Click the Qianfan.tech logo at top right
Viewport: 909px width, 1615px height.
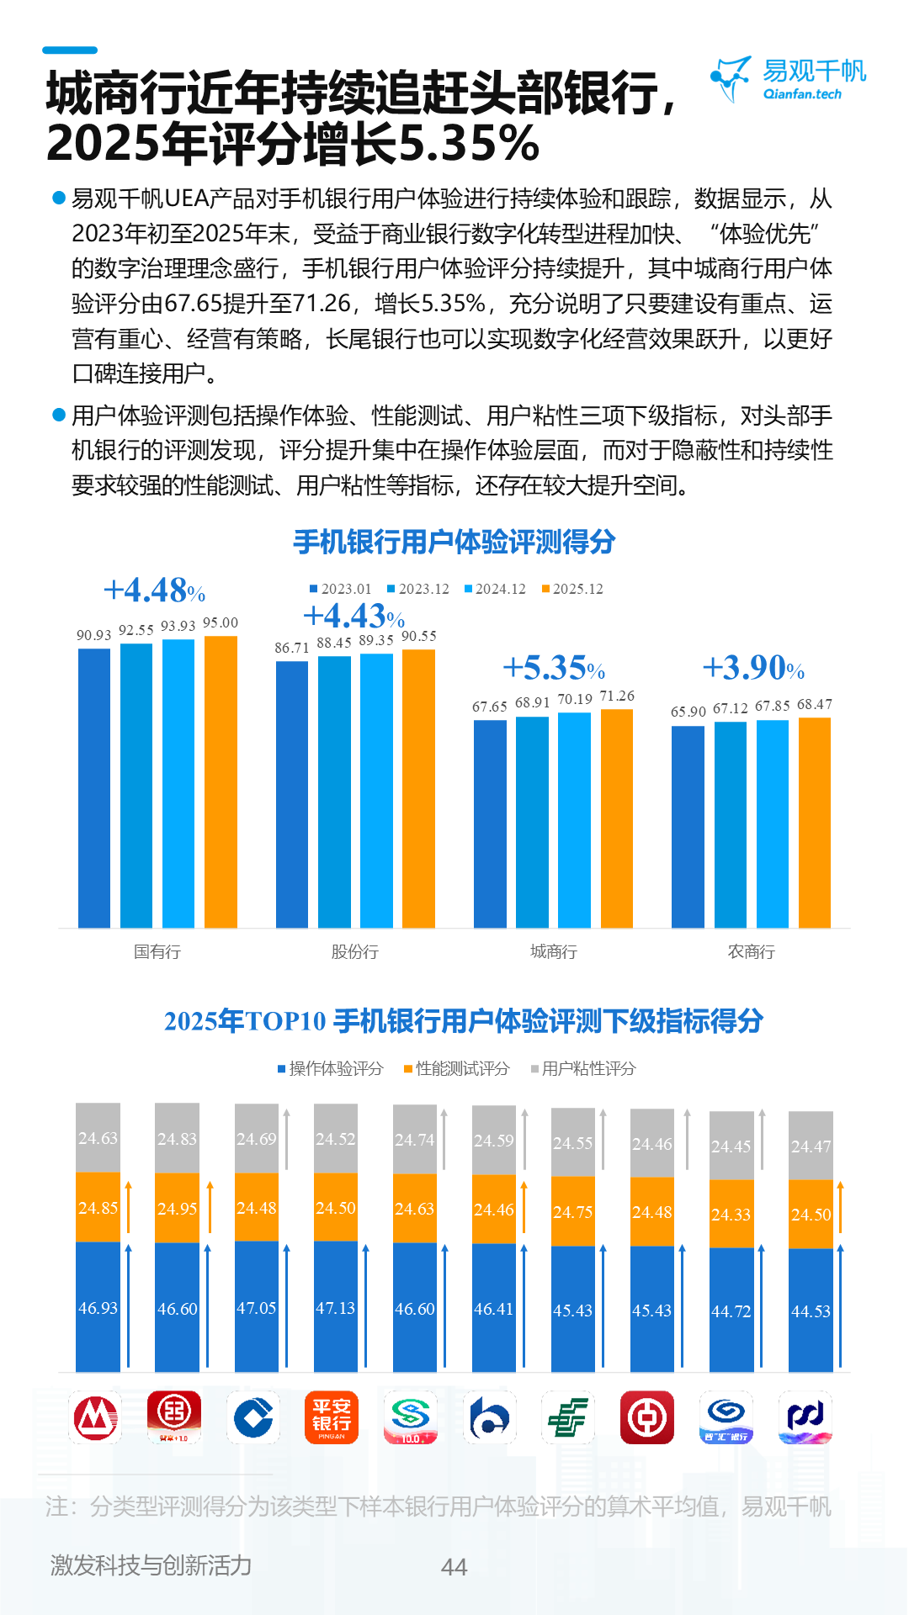(x=788, y=79)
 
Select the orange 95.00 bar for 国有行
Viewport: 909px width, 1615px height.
(x=221, y=782)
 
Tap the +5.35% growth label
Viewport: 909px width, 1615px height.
(x=553, y=668)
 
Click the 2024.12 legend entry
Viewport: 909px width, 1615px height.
(x=496, y=589)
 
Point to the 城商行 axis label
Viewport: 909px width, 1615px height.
(x=553, y=951)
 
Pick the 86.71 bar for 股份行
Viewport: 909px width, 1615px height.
(x=292, y=794)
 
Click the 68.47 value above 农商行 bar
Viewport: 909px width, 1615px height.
(x=814, y=704)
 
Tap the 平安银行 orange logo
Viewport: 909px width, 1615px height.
(x=331, y=1417)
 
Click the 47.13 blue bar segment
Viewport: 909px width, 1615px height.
(x=335, y=1307)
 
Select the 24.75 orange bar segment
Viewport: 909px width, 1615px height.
(x=572, y=1211)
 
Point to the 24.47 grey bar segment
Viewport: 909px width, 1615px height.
(x=811, y=1146)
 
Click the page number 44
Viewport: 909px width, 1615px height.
(x=454, y=1567)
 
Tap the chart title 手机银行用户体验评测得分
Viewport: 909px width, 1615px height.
(x=454, y=542)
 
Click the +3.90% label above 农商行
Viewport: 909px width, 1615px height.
(x=752, y=668)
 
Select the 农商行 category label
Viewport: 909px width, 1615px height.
(x=751, y=951)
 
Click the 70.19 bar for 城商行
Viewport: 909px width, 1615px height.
(x=574, y=820)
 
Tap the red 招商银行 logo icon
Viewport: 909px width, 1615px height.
(x=95, y=1417)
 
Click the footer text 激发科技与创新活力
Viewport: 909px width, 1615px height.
(x=151, y=1565)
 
